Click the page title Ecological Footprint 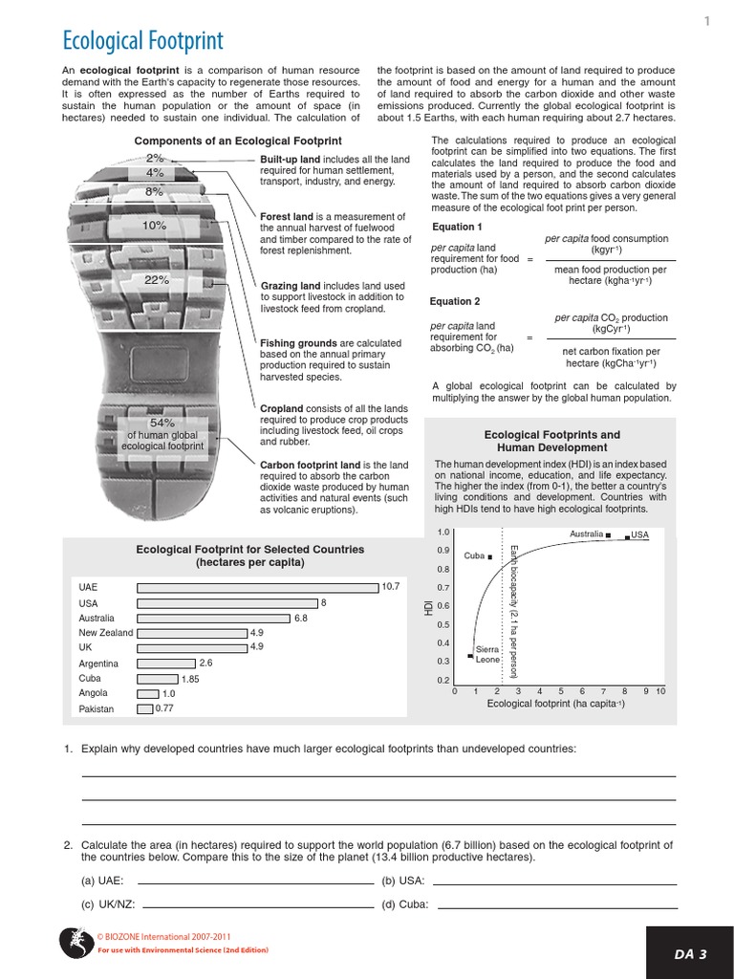click(142, 40)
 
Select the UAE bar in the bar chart click(258, 586)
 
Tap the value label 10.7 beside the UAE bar click(390, 586)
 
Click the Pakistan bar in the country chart click(145, 709)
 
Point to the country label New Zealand click(106, 633)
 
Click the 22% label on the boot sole click(156, 280)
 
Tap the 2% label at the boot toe click(155, 157)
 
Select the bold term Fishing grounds click(298, 343)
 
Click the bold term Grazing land click(291, 286)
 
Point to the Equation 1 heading click(457, 227)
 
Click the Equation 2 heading click(455, 301)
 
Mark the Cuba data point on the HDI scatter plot click(489, 556)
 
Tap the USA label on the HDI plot click(639, 534)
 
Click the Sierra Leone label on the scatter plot click(487, 655)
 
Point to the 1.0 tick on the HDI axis click(443, 533)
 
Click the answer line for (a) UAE click(256, 881)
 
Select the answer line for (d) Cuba click(555, 904)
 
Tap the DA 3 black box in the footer click(690, 953)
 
